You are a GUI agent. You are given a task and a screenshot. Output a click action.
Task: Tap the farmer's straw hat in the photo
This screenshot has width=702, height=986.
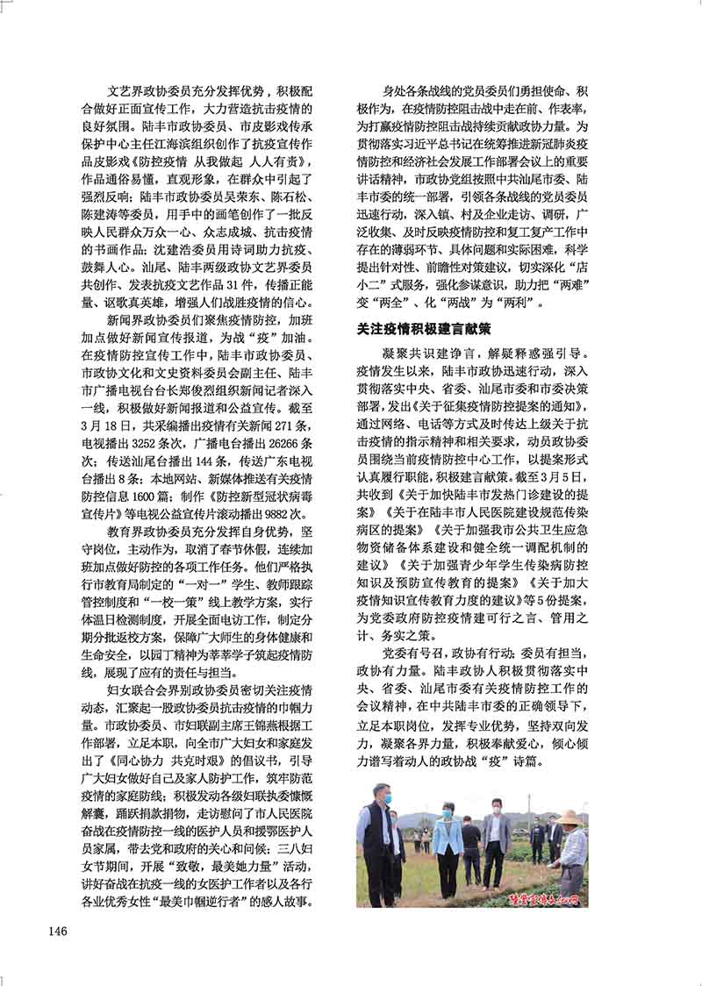pyautogui.click(x=569, y=817)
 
